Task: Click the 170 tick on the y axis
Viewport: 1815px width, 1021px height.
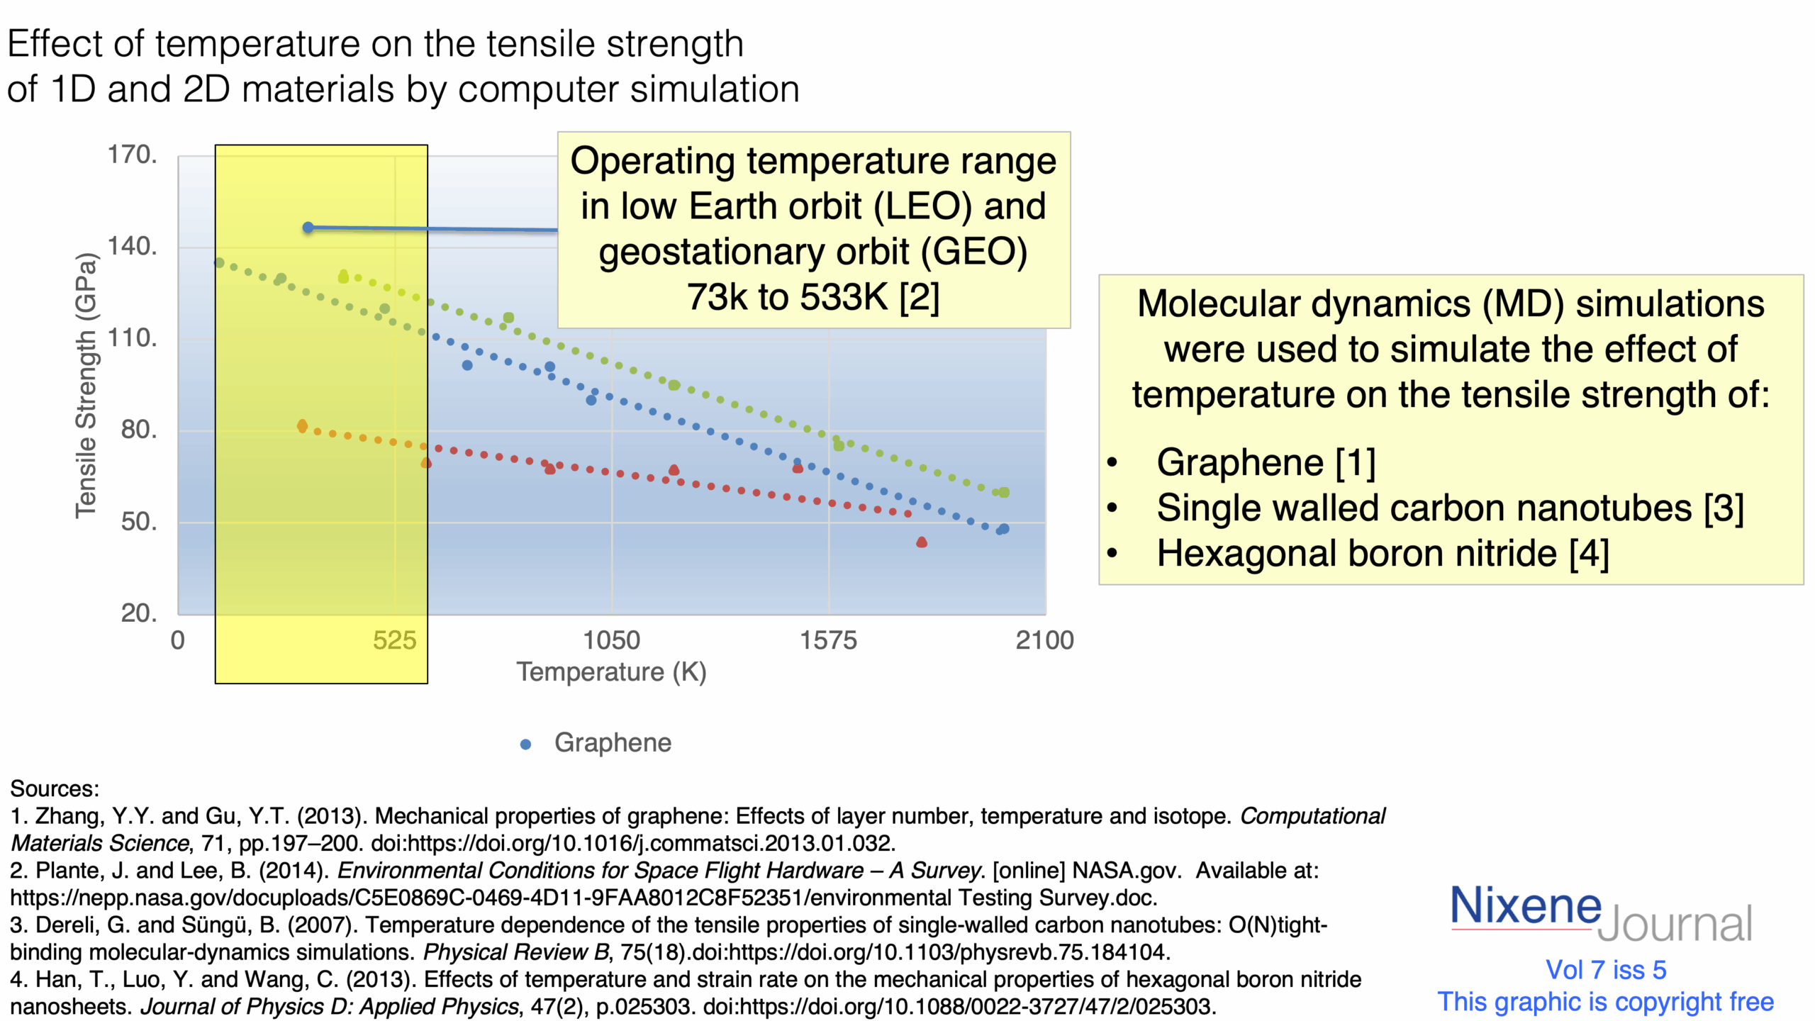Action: pyautogui.click(x=132, y=155)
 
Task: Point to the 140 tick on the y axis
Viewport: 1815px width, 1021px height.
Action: pyautogui.click(x=132, y=247)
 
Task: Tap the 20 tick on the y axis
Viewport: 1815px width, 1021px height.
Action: pyautogui.click(x=138, y=613)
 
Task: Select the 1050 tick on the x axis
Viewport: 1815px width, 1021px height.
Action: pyautogui.click(x=611, y=641)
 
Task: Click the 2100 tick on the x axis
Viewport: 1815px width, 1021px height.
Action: pyautogui.click(x=1044, y=641)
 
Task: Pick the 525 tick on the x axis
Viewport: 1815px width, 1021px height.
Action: pyautogui.click(x=394, y=641)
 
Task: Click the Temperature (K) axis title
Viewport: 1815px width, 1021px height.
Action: pyautogui.click(x=611, y=672)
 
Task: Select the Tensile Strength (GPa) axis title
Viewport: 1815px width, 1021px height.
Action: pyautogui.click(x=86, y=386)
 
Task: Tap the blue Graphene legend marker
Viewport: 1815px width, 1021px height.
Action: pyautogui.click(x=526, y=744)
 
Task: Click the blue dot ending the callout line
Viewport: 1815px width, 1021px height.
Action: pyautogui.click(x=308, y=228)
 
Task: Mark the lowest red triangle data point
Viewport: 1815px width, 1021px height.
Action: pyautogui.click(x=922, y=542)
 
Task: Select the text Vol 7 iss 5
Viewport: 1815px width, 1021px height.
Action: pyautogui.click(x=1606, y=970)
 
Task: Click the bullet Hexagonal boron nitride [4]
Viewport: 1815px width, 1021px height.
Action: pyautogui.click(x=1383, y=554)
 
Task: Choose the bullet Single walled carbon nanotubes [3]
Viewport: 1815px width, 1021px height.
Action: pyautogui.click(x=1450, y=508)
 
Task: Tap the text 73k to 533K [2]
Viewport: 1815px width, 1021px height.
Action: pyautogui.click(x=813, y=297)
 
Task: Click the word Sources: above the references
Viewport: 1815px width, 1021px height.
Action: pyautogui.click(x=55, y=789)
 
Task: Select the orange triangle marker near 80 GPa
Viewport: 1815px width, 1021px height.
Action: pyautogui.click(x=302, y=426)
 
